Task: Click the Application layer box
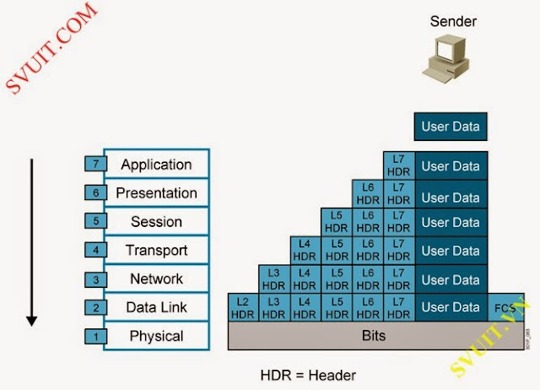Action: [156, 164]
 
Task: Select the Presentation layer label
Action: [156, 192]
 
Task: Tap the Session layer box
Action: [156, 221]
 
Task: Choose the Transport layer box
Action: [156, 250]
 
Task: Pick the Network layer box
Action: [156, 279]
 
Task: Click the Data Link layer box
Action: [156, 307]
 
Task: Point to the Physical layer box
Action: [156, 336]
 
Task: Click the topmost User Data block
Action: [450, 127]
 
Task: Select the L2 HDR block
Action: [242, 307]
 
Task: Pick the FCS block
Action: [505, 307]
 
